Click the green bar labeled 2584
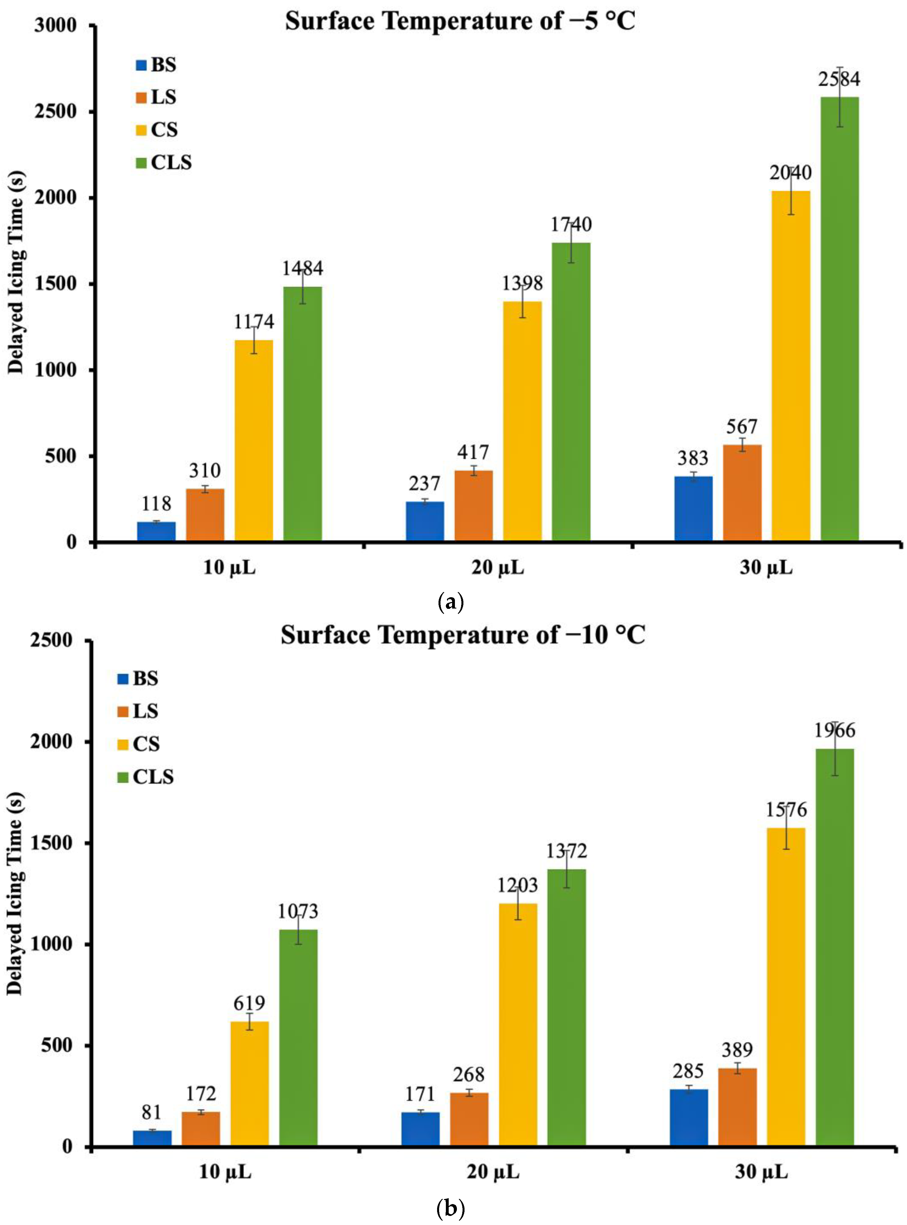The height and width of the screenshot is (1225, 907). coord(839,318)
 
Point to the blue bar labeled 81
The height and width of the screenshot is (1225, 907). coord(152,1137)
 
